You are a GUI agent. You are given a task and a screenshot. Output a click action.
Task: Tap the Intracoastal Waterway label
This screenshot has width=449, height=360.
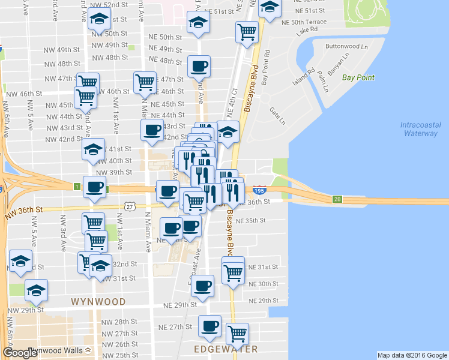(x=419, y=129)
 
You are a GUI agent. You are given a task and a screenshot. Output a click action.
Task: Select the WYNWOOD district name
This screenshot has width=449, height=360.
(x=98, y=301)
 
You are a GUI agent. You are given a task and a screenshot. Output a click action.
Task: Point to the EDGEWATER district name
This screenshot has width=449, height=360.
(x=226, y=349)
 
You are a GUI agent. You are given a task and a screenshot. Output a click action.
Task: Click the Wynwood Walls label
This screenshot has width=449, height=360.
(x=58, y=350)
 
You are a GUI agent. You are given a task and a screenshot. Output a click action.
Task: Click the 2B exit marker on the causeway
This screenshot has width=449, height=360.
(x=338, y=199)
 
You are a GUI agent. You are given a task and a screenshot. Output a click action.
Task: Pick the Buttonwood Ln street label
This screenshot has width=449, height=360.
(x=346, y=46)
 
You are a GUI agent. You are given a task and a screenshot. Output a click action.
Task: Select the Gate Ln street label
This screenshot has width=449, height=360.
(x=277, y=112)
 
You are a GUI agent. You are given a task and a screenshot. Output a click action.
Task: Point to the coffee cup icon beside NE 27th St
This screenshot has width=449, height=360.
(x=209, y=326)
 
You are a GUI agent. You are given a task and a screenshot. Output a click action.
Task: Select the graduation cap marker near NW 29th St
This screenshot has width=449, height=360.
(x=37, y=290)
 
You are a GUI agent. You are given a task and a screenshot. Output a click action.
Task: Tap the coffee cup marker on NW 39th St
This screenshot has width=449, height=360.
(x=94, y=187)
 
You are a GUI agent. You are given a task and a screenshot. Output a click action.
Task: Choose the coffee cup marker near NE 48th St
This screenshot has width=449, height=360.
(x=199, y=66)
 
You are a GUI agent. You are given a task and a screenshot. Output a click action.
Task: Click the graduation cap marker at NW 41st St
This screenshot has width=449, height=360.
(x=94, y=150)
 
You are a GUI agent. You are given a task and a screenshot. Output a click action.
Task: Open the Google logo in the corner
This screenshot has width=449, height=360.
(x=20, y=353)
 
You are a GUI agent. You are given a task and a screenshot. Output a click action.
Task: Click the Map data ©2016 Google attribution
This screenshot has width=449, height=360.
(x=412, y=355)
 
